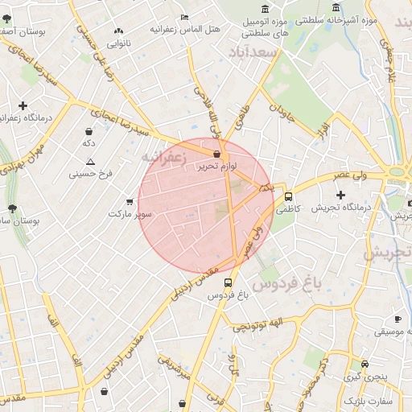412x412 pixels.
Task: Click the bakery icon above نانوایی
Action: tap(119, 31)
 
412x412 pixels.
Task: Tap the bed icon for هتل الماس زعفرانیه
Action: tap(185, 17)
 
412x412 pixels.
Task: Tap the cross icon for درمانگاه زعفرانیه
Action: tap(23, 105)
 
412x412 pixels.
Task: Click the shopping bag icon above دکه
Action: tap(89, 130)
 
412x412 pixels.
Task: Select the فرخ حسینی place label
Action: tap(93, 172)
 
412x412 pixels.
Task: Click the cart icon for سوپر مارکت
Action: tap(130, 202)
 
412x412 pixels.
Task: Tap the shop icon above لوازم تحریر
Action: tap(216, 154)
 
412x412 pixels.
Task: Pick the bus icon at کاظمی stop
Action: tap(288, 196)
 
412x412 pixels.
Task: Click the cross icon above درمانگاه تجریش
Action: tap(340, 195)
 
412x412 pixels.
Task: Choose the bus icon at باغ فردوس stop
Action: tap(229, 283)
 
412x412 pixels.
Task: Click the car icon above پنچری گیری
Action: tap(365, 365)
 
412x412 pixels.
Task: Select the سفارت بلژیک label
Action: tap(367, 400)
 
